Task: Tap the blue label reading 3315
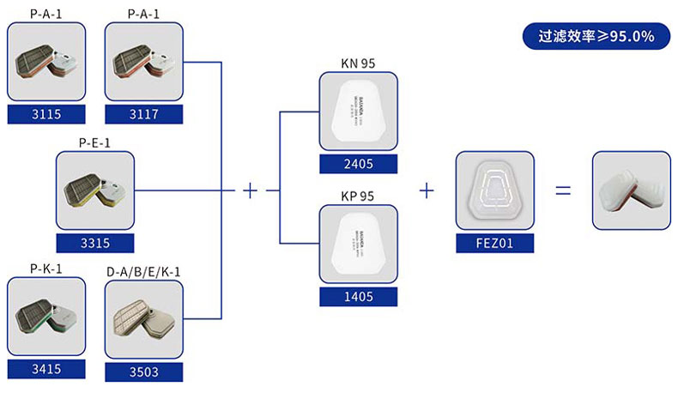[x=95, y=244]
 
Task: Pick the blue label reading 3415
[x=46, y=370]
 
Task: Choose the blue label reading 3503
[x=143, y=372]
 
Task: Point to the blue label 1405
[x=358, y=297]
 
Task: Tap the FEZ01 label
[x=495, y=244]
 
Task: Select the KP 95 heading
[x=358, y=196]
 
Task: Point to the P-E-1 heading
[x=94, y=142]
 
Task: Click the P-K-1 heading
[x=46, y=269]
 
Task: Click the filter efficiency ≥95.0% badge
[x=596, y=37]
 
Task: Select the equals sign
[x=563, y=190]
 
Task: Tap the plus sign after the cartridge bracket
[x=250, y=190]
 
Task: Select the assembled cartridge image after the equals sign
[x=631, y=190]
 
